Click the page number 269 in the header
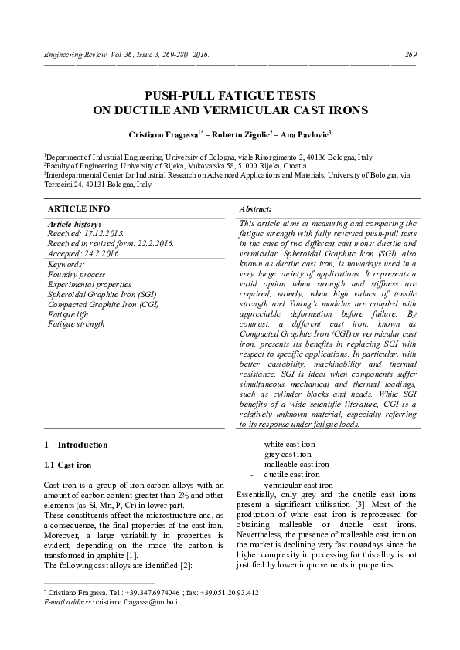click(411, 55)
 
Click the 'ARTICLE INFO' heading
click(79, 209)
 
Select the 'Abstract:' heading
click(255, 209)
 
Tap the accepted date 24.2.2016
click(103, 252)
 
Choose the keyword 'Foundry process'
click(77, 274)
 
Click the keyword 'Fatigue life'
click(70, 314)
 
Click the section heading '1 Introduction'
click(76, 445)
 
